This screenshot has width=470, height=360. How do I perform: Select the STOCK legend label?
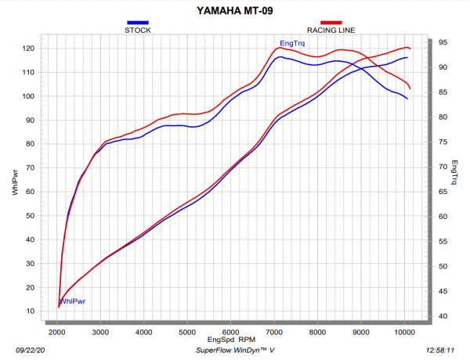click(x=138, y=30)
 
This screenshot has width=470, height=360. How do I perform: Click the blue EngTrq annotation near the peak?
click(x=291, y=43)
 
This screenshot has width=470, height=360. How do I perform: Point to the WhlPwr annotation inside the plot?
click(x=73, y=301)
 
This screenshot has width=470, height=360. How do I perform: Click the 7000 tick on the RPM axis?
click(x=274, y=333)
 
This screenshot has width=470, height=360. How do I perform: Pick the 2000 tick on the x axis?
click(x=56, y=333)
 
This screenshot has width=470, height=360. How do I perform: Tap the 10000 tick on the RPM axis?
click(x=405, y=333)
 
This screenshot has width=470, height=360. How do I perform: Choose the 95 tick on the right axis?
click(x=443, y=42)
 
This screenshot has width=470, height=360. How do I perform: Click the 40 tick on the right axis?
click(x=443, y=316)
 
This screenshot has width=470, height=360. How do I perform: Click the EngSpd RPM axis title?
click(x=230, y=340)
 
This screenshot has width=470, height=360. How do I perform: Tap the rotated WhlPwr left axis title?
click(x=14, y=181)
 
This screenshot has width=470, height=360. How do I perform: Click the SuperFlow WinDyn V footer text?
click(x=233, y=351)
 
